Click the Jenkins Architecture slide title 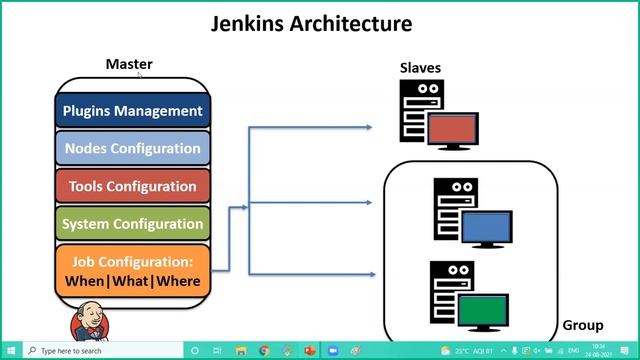(311, 23)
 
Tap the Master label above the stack (129, 64)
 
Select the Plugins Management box (132, 111)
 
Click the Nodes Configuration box (132, 149)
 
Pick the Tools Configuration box (132, 186)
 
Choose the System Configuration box (132, 224)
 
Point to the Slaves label (420, 68)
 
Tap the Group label (583, 325)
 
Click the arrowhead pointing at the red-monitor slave (368, 127)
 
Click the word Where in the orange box (178, 281)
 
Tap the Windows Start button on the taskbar (9, 351)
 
